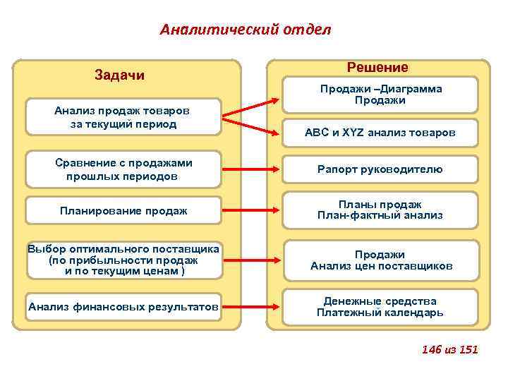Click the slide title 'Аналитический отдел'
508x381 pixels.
(x=245, y=30)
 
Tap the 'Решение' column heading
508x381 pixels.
(x=377, y=68)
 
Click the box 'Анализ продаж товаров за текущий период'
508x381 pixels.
(x=123, y=117)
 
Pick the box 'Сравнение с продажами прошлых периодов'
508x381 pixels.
(x=123, y=169)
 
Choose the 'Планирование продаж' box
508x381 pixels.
(x=123, y=210)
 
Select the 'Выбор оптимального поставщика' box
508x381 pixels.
(x=123, y=260)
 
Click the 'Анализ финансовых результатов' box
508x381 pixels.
(x=123, y=306)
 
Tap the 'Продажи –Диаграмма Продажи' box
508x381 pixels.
(x=380, y=95)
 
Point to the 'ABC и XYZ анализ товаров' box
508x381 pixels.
(x=380, y=132)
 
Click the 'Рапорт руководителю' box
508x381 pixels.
(x=380, y=169)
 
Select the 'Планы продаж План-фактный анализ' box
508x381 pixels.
(x=380, y=210)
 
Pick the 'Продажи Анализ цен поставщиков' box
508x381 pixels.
(x=380, y=260)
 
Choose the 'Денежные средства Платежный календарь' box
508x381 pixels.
(x=380, y=306)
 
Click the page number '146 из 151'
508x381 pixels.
(x=449, y=349)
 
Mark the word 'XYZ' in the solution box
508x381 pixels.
(x=354, y=132)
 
